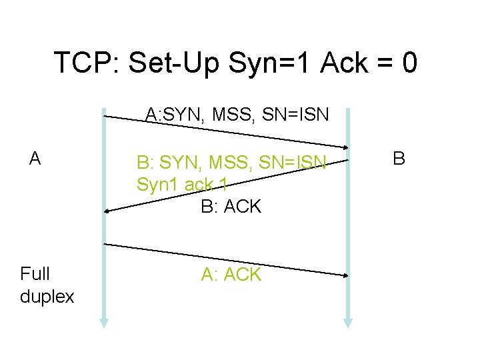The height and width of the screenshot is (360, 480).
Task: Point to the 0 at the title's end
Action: coord(410,63)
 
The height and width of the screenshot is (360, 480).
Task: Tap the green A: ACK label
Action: coord(231,275)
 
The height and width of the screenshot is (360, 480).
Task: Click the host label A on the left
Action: coord(35,159)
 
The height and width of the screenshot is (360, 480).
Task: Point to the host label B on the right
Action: coord(399,159)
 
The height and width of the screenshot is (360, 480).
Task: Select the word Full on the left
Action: coord(35,274)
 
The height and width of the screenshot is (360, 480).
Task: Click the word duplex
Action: coord(47,297)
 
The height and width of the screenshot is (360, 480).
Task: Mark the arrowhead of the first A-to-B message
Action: coord(345,147)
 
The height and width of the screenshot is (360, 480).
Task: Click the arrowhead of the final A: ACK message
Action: coord(345,275)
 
